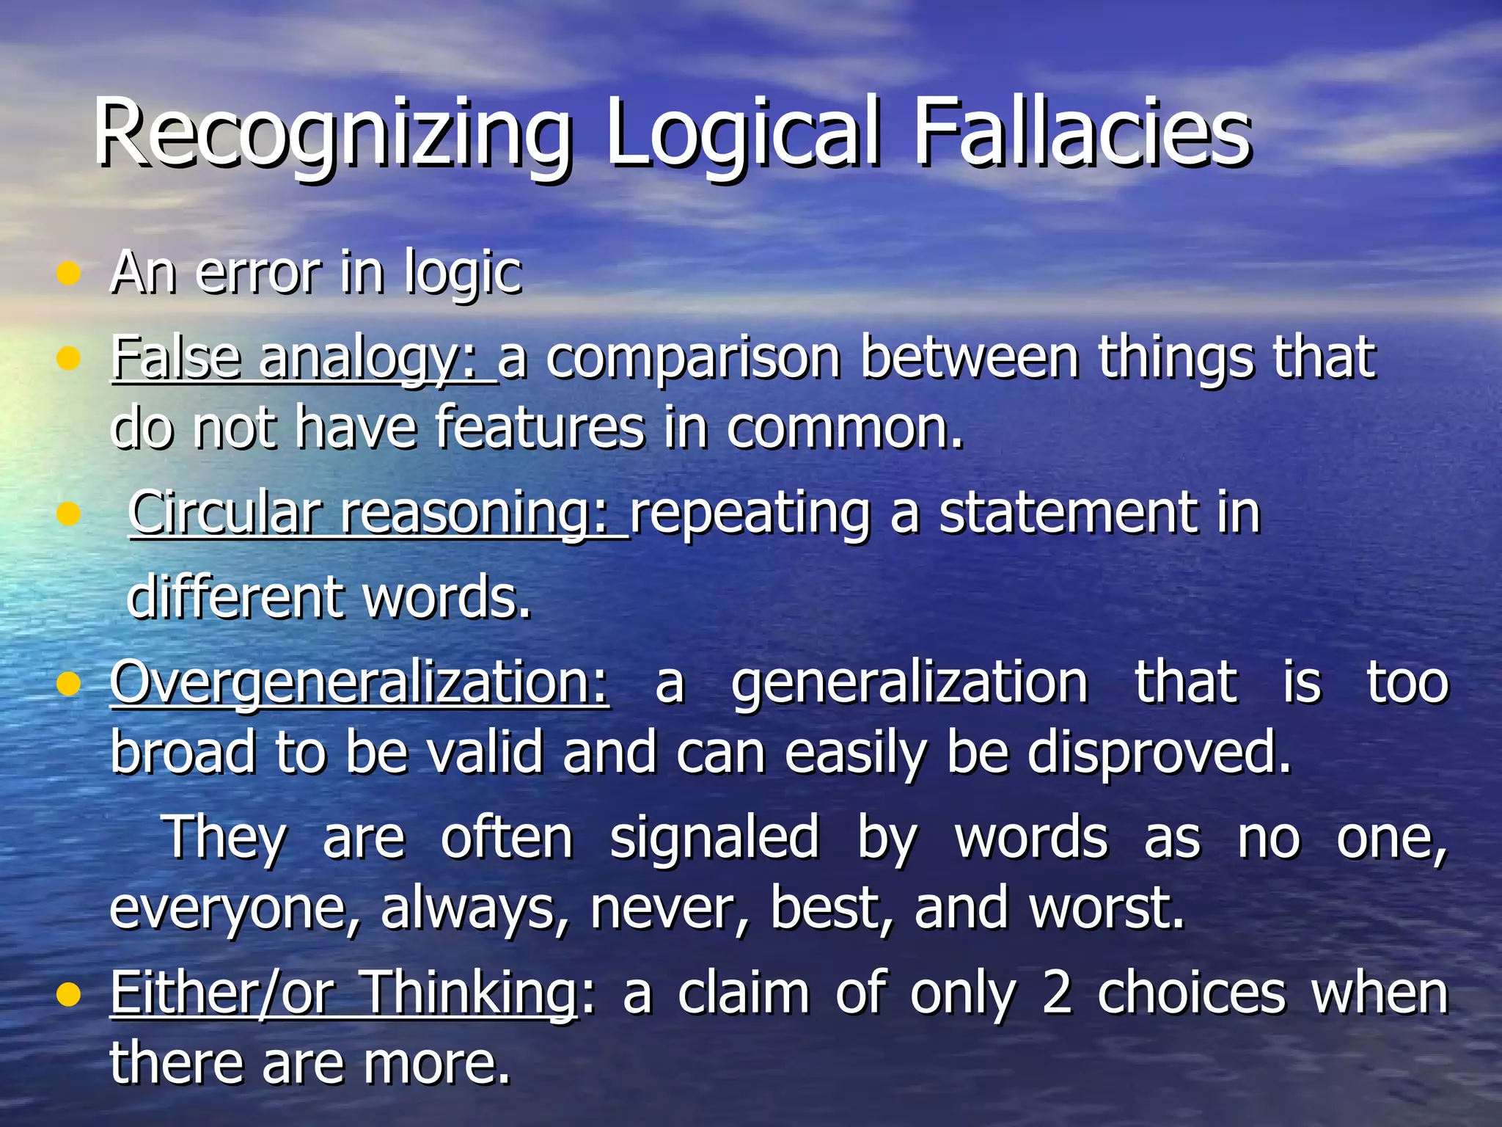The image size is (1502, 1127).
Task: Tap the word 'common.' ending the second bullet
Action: pos(845,428)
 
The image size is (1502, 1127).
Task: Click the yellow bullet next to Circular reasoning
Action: pos(68,514)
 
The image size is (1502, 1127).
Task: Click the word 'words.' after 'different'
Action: pos(447,597)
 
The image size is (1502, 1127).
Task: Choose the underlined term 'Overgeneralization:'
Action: pos(359,682)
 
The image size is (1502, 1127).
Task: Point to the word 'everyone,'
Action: pos(235,908)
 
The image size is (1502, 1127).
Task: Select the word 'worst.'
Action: pos(1107,908)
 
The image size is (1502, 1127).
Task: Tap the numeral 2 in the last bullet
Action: pos(1057,993)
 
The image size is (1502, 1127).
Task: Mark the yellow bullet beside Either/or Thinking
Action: pos(68,994)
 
